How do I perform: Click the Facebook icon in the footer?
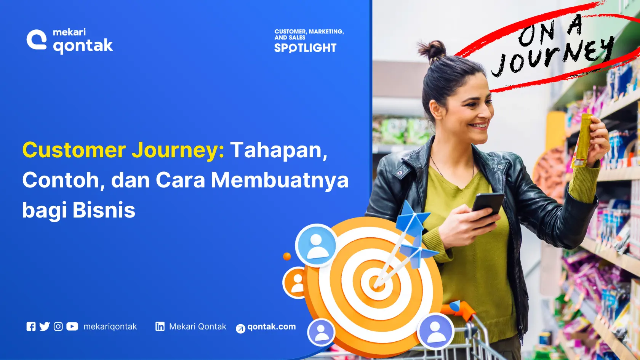pos(31,326)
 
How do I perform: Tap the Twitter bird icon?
pos(45,326)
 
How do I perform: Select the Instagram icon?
pos(58,326)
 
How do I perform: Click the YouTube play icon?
pos(72,326)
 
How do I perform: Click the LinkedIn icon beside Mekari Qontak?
pos(160,326)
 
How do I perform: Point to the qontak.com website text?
pos(271,326)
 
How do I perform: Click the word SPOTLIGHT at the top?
pos(305,48)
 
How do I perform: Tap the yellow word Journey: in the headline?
pos(178,150)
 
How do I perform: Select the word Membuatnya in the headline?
pos(280,180)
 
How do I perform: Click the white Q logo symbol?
pos(37,40)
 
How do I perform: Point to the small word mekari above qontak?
pos(69,32)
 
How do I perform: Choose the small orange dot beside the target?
pos(287,256)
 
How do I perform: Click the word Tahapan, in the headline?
pos(278,150)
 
